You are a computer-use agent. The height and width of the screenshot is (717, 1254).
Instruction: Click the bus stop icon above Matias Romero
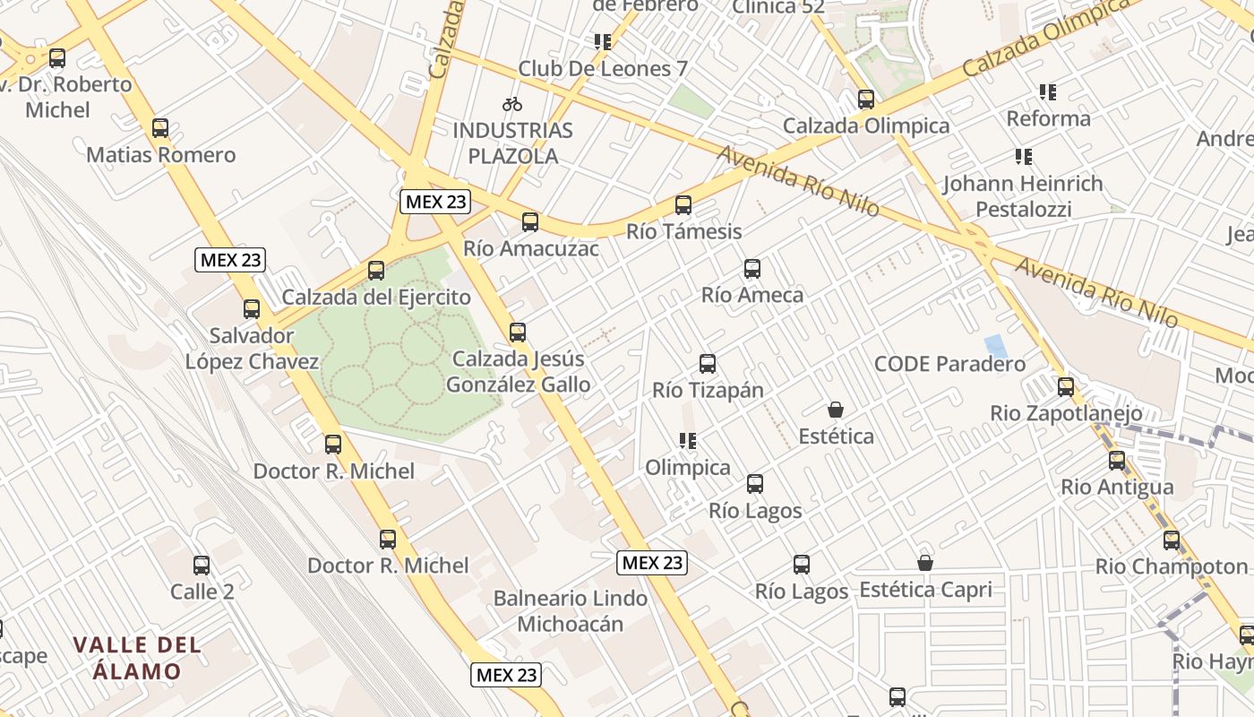click(x=160, y=128)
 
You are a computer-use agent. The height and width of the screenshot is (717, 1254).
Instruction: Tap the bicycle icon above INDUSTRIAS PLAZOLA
click(x=512, y=104)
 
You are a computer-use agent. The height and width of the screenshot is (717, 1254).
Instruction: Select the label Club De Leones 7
click(x=604, y=69)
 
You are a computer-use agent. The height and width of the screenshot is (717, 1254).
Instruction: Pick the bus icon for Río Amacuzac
click(x=530, y=221)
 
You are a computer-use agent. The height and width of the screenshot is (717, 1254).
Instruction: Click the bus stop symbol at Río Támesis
click(x=683, y=205)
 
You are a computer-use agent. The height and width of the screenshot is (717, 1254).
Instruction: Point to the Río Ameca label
click(x=752, y=295)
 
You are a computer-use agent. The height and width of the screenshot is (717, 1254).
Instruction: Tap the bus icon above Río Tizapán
click(x=708, y=364)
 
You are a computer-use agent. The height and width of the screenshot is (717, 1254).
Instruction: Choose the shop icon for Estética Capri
click(x=925, y=563)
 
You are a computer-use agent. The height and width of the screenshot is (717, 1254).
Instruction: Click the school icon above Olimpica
click(x=688, y=441)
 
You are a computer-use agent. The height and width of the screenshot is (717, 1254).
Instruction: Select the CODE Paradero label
click(x=949, y=364)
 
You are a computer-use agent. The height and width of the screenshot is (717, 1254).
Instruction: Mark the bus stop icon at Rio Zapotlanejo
click(x=1066, y=387)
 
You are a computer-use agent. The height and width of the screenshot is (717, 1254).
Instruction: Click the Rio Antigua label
click(x=1117, y=488)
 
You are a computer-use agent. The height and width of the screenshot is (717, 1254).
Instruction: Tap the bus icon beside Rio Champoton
click(x=1172, y=540)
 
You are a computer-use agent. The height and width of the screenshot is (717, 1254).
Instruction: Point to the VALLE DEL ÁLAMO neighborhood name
click(x=138, y=657)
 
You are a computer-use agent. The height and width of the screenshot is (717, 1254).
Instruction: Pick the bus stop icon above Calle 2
click(x=202, y=566)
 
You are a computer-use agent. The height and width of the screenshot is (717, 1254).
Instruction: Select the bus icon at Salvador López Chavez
click(x=252, y=309)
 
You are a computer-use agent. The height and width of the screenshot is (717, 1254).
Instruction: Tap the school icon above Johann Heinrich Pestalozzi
click(x=1024, y=158)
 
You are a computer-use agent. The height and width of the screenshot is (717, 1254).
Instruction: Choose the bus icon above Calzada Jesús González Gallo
click(x=518, y=333)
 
